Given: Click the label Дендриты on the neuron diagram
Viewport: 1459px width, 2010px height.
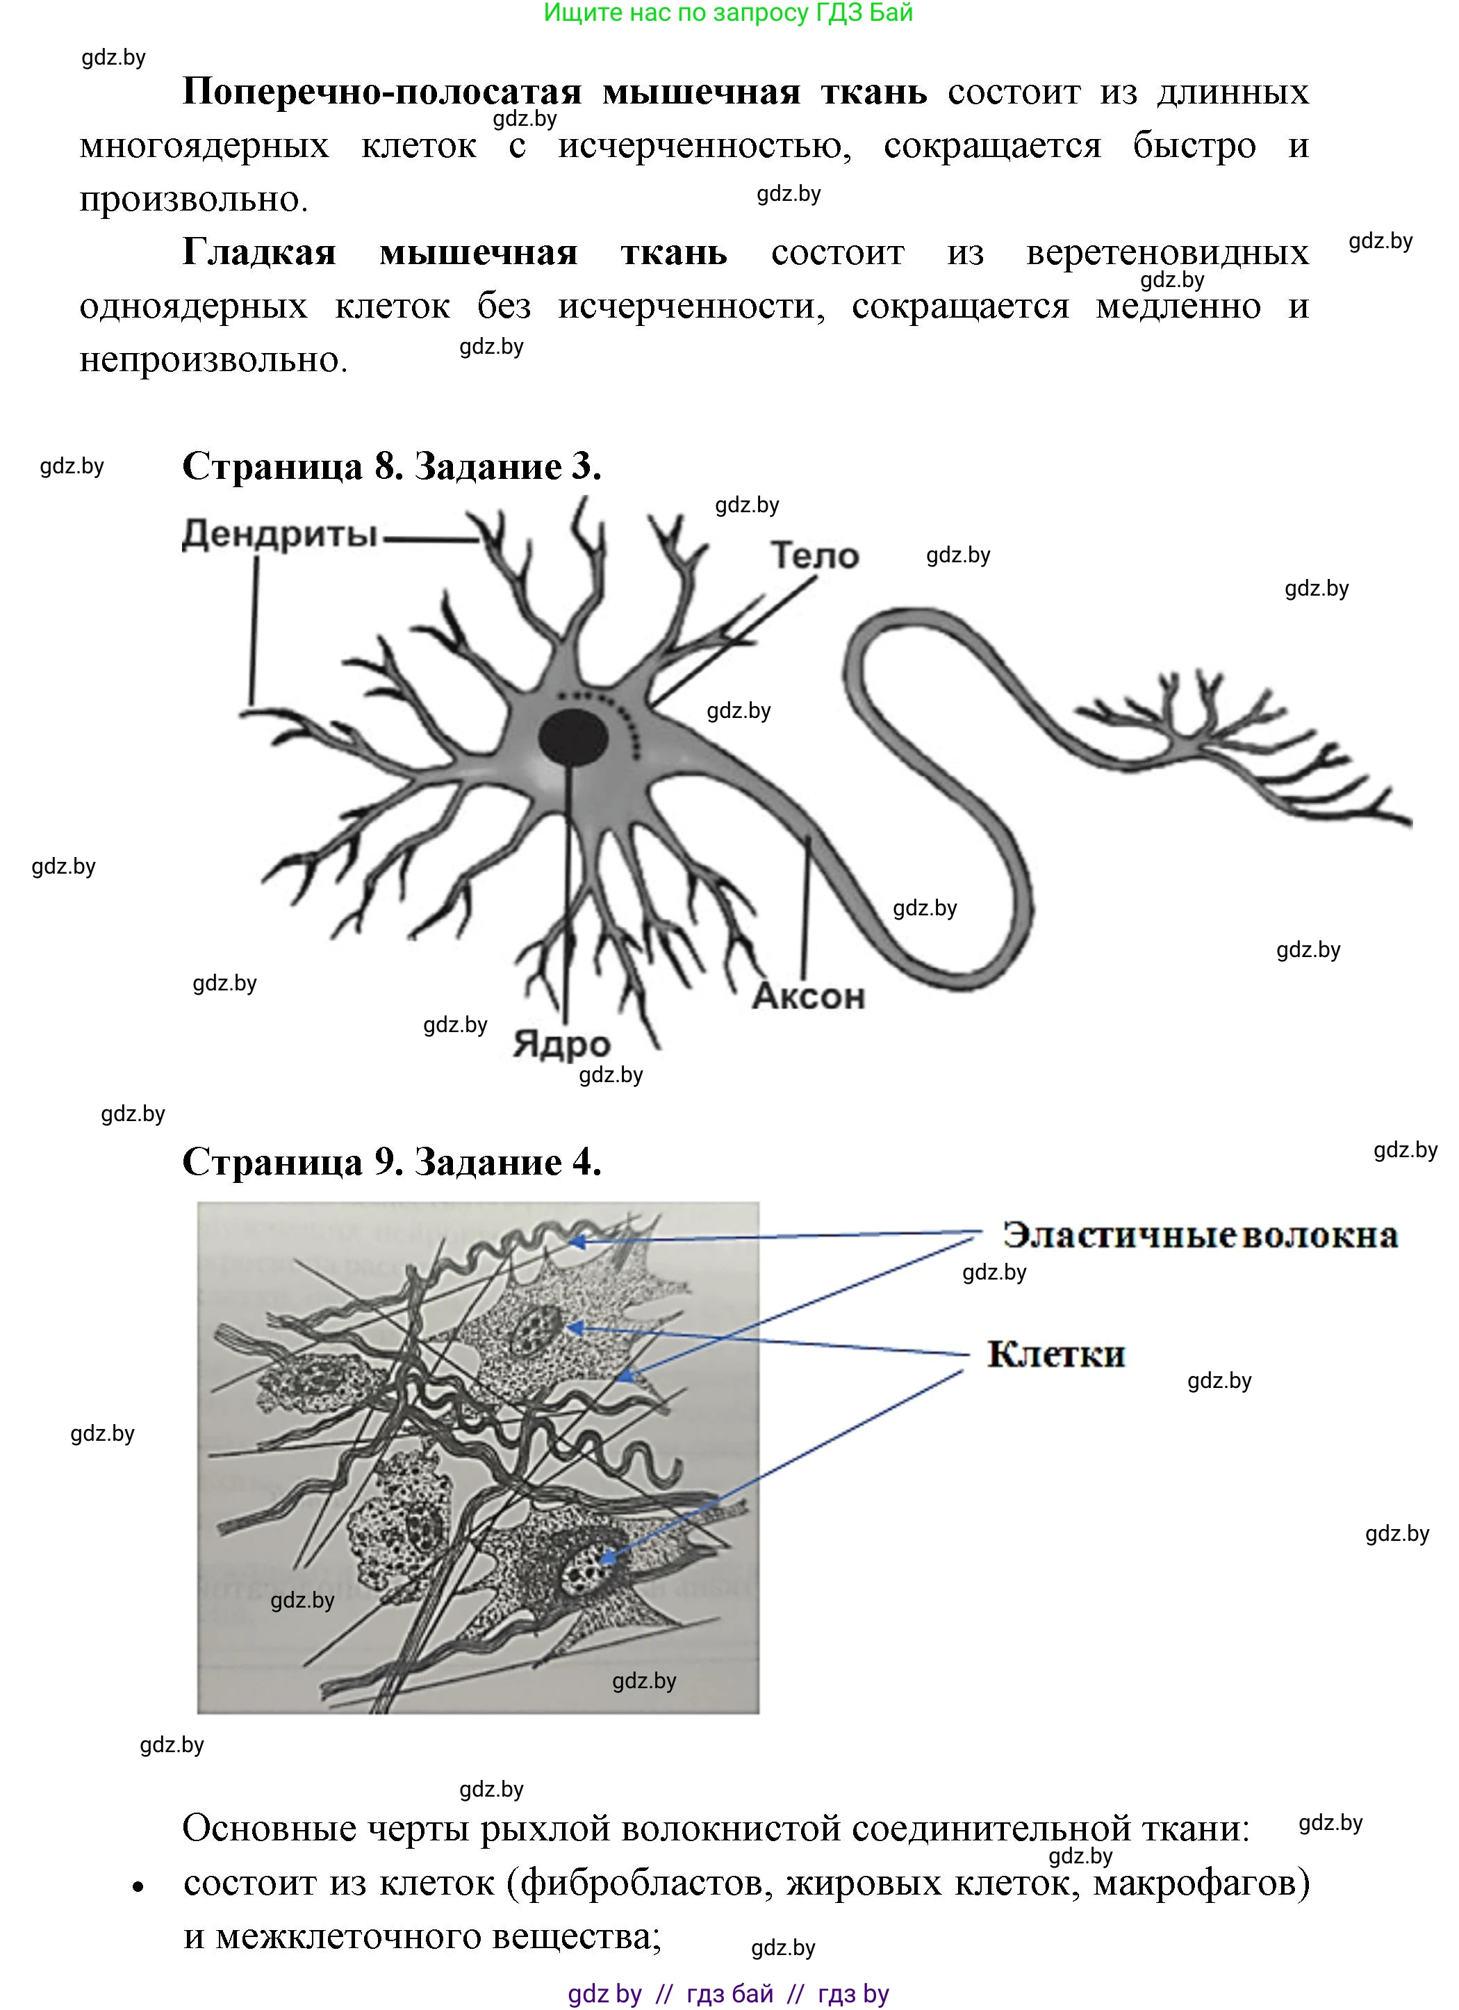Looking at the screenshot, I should (x=280, y=534).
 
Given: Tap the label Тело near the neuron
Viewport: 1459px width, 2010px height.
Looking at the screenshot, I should (x=814, y=556).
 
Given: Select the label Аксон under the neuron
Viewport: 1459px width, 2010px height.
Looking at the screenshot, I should (x=808, y=996).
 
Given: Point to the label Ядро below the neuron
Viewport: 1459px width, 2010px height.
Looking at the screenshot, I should (x=561, y=1044).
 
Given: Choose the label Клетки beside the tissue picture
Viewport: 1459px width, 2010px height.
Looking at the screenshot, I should (x=1055, y=1354).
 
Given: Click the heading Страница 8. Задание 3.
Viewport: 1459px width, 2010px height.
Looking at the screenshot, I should (x=392, y=466).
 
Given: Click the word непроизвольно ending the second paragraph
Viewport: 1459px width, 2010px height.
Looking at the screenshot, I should (x=213, y=360).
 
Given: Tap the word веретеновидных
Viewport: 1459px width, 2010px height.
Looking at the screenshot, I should (x=1167, y=252).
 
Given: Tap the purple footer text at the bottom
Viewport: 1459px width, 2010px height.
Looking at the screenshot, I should (x=727, y=1993).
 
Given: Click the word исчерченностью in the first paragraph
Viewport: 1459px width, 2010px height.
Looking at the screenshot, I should (x=704, y=146).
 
